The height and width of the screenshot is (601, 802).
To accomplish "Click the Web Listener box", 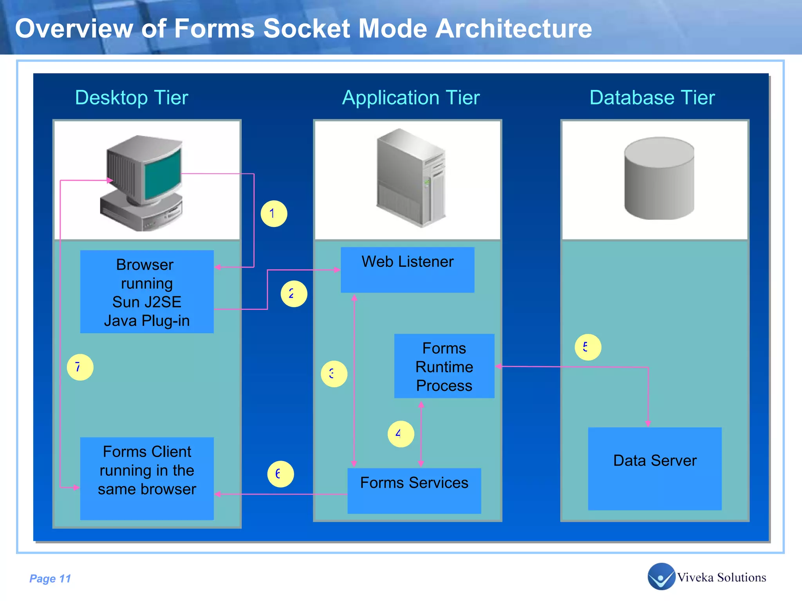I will [x=407, y=270].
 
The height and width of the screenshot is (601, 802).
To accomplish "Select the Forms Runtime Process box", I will [x=444, y=366].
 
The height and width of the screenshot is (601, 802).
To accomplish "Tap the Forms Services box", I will [x=414, y=491].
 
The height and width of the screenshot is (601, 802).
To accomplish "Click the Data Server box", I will [x=654, y=468].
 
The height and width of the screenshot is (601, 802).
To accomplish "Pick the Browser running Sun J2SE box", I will [x=147, y=292].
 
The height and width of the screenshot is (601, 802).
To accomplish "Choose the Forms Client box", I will [x=147, y=478].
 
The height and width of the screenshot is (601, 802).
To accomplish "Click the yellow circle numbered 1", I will [x=274, y=214].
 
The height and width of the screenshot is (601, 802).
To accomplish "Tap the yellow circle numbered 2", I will [x=294, y=294].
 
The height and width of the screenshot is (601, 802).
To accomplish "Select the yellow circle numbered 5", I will [x=588, y=347].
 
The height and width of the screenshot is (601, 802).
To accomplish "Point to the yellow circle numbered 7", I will [x=80, y=367].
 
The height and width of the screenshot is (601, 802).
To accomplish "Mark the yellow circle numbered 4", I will [x=401, y=434].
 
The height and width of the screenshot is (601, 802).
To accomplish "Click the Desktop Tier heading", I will [x=132, y=97].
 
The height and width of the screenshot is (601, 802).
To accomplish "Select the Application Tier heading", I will [x=411, y=97].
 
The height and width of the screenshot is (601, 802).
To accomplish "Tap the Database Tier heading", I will [x=652, y=97].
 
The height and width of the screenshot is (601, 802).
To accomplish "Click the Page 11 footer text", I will [x=50, y=578].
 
